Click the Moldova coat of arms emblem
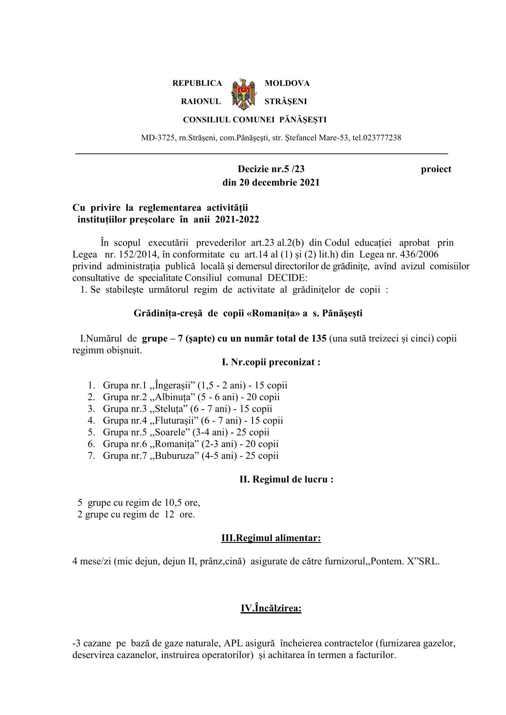click(x=243, y=93)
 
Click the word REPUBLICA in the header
click(x=197, y=83)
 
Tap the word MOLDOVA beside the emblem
click(x=287, y=83)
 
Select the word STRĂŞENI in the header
click(x=285, y=102)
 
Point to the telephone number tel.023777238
click(x=377, y=138)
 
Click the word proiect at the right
click(x=436, y=169)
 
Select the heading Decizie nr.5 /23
click(x=271, y=169)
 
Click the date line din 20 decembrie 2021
click(x=271, y=183)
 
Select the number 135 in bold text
click(x=319, y=339)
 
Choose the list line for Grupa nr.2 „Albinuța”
click(x=191, y=397)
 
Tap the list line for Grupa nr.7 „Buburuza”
click(x=190, y=455)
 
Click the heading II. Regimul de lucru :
click(x=286, y=479)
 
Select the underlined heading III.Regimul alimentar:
click(x=271, y=538)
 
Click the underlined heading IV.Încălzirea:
click(x=271, y=608)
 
